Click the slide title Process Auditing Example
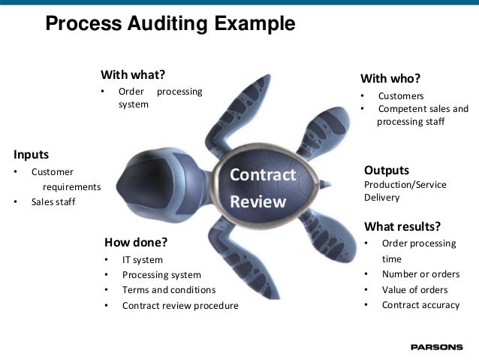pos(170,24)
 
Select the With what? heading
pos(133,74)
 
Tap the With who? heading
pos(390,79)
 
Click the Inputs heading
pos(31,155)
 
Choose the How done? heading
pos(135,242)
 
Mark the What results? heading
pos(402,226)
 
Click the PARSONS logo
pos(437,347)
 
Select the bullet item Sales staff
pos(53,201)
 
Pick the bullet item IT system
pos(142,260)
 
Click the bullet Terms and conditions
pos(168,289)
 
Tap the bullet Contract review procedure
pos(180,305)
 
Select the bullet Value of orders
pos(414,289)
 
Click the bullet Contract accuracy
pos(420,304)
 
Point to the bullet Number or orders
pos(420,274)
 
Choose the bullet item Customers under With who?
pos(401,96)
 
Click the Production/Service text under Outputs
pos(405,184)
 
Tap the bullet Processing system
pos(161,275)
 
